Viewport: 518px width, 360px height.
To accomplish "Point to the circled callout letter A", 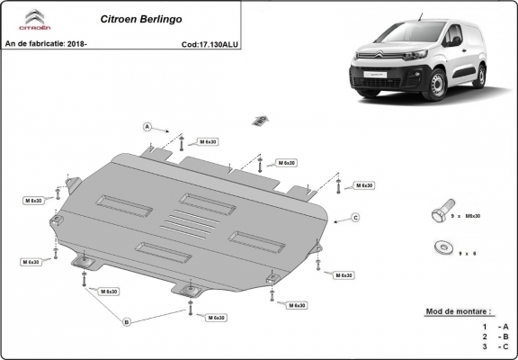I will coord(146,126).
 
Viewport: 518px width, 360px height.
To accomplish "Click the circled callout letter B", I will coord(127,321).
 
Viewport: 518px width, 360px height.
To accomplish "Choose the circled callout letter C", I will coord(355,218).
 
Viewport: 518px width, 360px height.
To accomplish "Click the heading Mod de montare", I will coord(459,311).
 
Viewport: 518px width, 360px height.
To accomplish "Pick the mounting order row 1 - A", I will coord(495,326).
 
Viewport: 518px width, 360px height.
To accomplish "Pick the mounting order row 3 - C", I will coord(495,345).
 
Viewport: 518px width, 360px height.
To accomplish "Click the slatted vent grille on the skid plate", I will coord(191,226).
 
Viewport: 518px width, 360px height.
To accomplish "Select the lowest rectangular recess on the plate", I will coord(162,251).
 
